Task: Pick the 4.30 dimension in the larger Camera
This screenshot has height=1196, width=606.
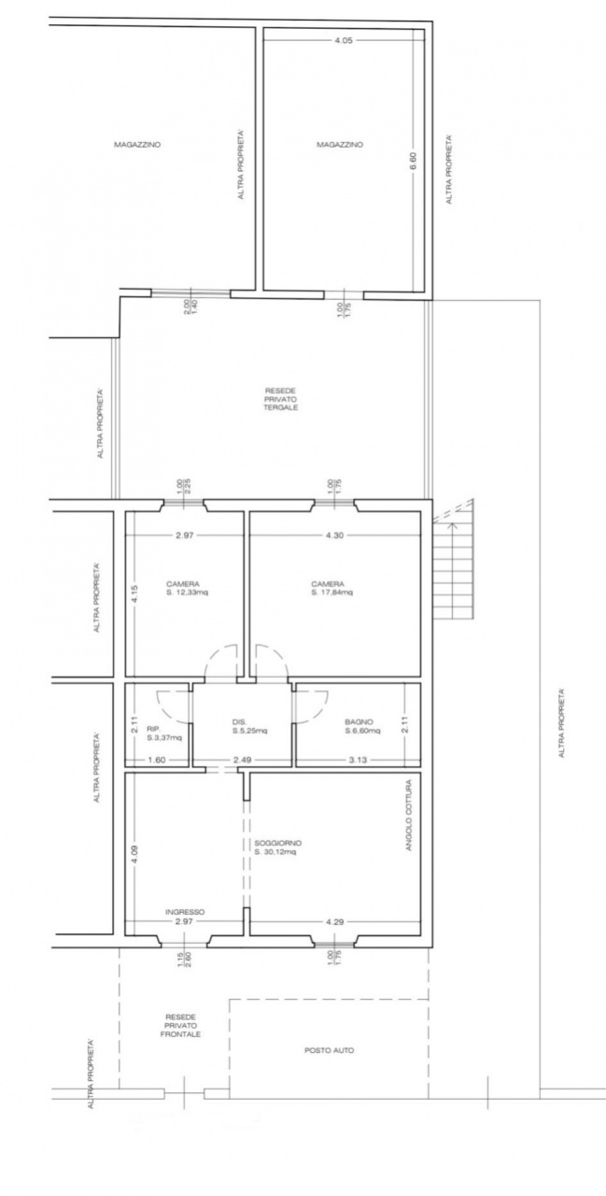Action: click(x=333, y=535)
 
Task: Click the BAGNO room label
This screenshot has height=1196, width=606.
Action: click(x=359, y=721)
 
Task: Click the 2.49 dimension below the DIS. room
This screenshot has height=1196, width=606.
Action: click(x=243, y=760)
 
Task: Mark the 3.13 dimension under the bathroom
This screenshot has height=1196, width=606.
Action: click(x=359, y=760)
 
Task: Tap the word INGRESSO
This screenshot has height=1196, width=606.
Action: click(x=185, y=912)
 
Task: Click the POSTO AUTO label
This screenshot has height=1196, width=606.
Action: click(x=329, y=1050)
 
